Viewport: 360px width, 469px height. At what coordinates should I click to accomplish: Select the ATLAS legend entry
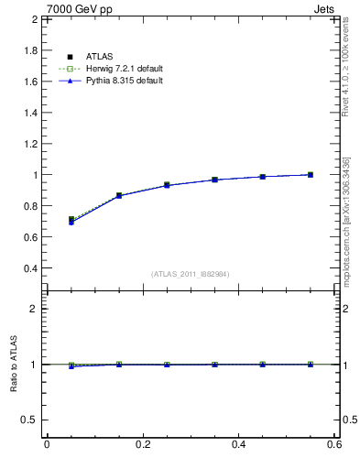tap(99, 57)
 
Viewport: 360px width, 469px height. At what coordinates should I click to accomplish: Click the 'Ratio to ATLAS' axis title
tap(13, 364)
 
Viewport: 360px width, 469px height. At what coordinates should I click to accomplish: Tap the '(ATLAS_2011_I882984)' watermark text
tap(191, 275)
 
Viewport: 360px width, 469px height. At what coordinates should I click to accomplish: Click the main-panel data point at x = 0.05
tap(71, 220)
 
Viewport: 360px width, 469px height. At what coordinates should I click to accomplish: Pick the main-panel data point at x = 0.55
tap(311, 174)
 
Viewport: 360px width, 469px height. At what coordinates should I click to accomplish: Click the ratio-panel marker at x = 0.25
tap(167, 365)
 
